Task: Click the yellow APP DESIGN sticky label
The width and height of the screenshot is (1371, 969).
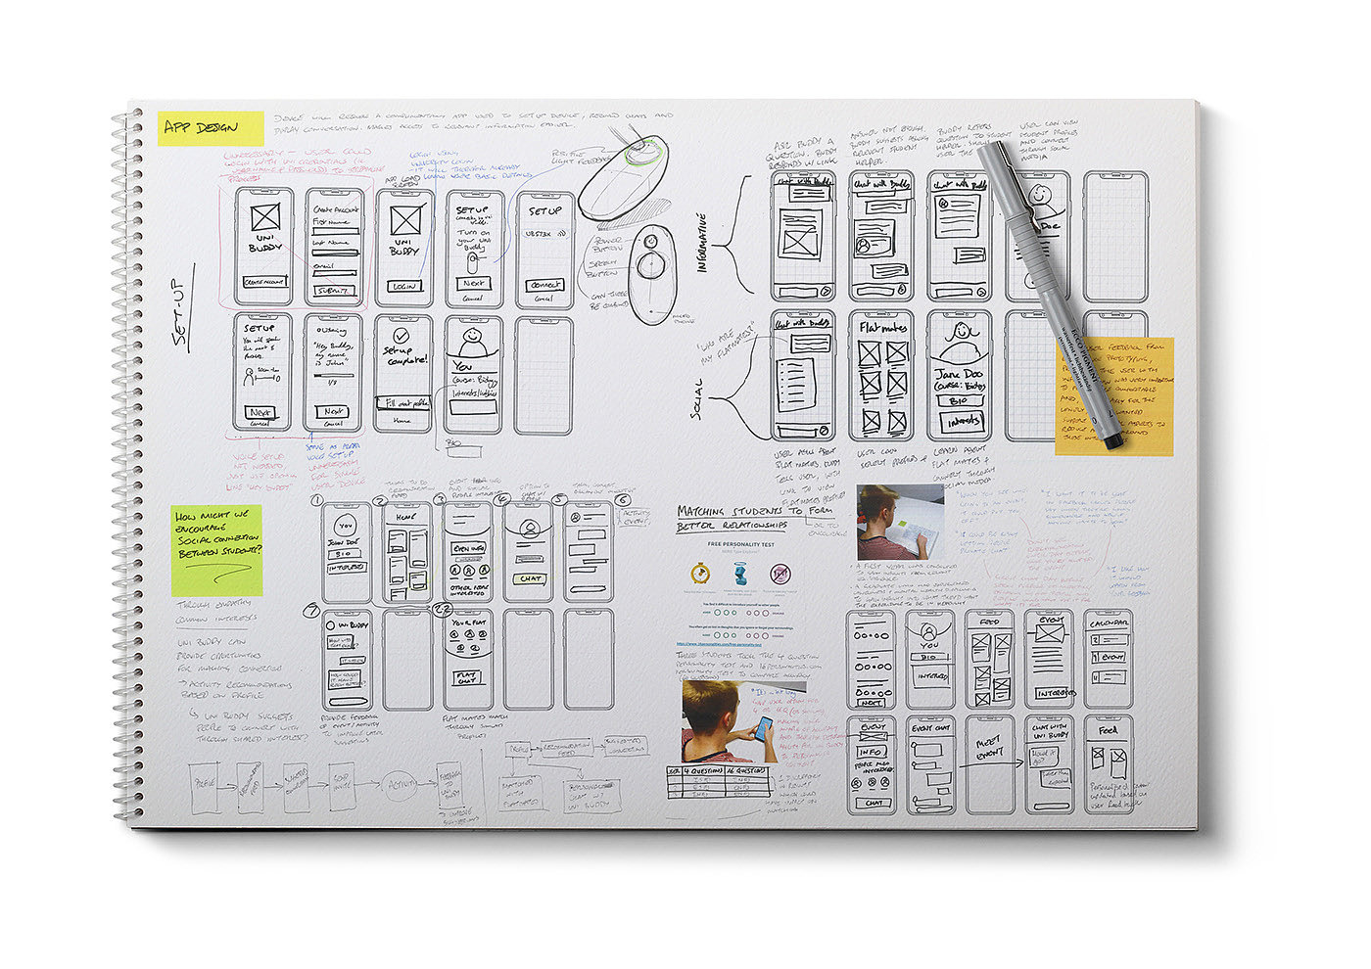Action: pyautogui.click(x=211, y=128)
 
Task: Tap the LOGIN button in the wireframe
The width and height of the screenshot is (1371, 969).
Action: pyautogui.click(x=404, y=286)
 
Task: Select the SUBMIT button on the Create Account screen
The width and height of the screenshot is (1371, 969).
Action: pyautogui.click(x=334, y=291)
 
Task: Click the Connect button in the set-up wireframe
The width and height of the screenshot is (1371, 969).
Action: pyautogui.click(x=544, y=285)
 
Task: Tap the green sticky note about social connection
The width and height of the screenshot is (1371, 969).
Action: pyautogui.click(x=216, y=550)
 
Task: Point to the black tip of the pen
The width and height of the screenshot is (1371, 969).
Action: pyautogui.click(x=1113, y=441)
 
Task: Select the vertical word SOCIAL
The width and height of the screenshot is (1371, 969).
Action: pyautogui.click(x=696, y=397)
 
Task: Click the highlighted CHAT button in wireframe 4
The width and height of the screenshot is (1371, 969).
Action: pyautogui.click(x=531, y=578)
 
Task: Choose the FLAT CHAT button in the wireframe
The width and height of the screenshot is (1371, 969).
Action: pyautogui.click(x=468, y=678)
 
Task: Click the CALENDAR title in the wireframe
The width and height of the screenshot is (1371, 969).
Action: pyautogui.click(x=1108, y=623)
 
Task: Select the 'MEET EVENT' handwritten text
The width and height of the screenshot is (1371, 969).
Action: pyautogui.click(x=990, y=749)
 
